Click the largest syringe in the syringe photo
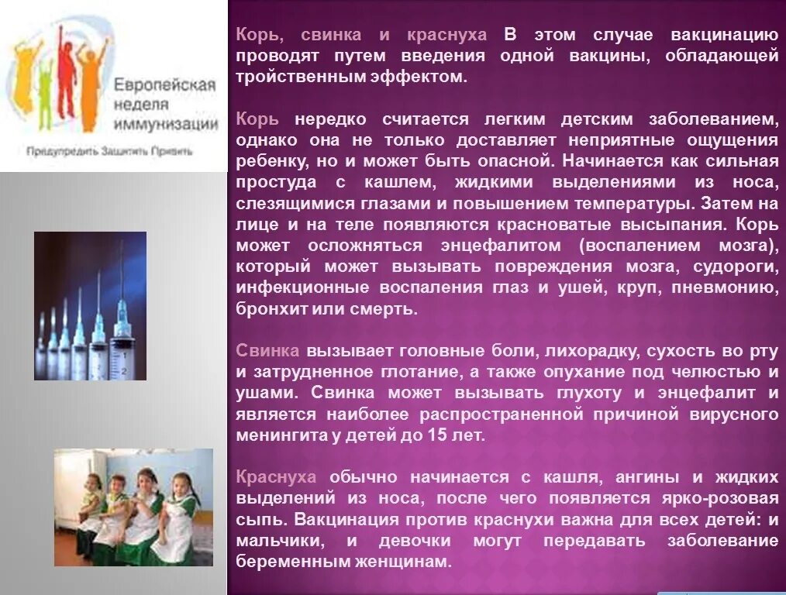tap(120, 325)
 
